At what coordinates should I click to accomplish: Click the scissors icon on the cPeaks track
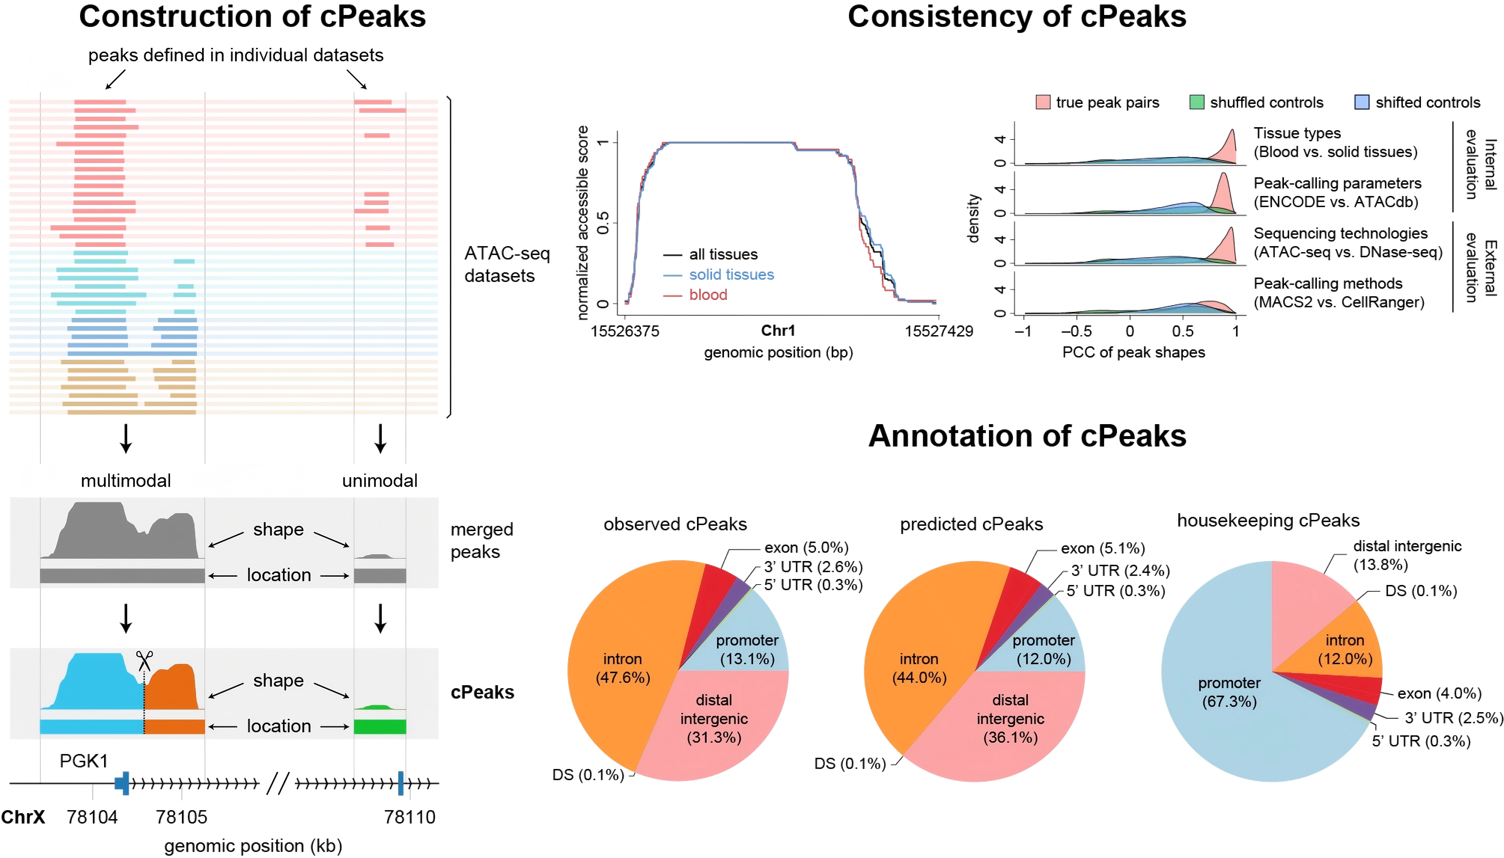point(144,661)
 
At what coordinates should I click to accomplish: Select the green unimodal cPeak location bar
point(380,727)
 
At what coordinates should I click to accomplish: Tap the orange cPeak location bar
point(174,727)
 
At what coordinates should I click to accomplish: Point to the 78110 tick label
point(409,817)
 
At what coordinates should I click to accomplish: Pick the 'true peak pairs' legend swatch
point(1042,102)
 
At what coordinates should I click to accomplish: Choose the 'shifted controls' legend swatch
point(1361,102)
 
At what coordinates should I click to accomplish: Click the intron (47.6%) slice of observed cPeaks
point(622,668)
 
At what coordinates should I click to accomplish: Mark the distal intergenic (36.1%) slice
point(1010,718)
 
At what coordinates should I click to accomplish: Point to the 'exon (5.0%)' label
point(806,548)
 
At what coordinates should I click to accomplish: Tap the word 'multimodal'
point(125,481)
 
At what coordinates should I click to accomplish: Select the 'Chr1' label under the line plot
point(778,331)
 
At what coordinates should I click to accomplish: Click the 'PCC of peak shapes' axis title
point(1133,352)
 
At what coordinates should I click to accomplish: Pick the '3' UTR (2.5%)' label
point(1453,718)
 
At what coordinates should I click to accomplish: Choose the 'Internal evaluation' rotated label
point(1480,165)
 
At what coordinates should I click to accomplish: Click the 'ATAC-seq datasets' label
point(506,264)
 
